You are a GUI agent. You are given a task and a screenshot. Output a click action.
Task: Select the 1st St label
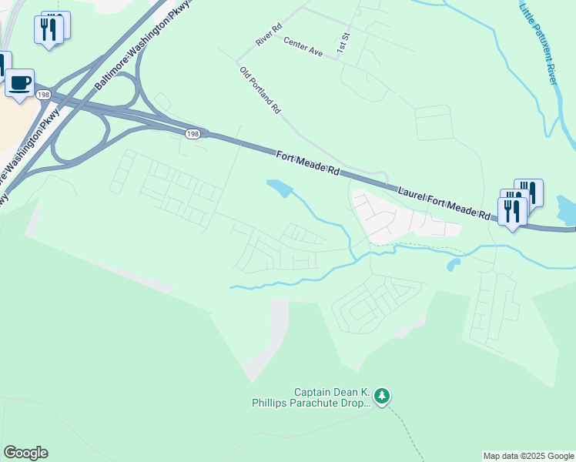343,43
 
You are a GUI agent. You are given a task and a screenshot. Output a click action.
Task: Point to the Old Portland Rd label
260,91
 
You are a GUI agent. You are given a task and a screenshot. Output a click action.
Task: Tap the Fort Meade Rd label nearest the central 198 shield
308,165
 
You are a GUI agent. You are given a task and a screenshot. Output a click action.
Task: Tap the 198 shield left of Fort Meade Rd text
193,134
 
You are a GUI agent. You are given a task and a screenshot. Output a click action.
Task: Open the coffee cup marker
19,82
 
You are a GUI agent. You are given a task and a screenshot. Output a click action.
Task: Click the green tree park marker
383,397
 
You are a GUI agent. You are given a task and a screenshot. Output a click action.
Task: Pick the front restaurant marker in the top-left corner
48,30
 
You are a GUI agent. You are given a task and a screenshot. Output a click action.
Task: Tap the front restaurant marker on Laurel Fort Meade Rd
512,210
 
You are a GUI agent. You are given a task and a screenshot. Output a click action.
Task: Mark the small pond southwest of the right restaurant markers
453,265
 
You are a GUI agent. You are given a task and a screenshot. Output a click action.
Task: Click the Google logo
25,453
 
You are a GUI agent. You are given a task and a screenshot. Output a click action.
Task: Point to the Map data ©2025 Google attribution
528,456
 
